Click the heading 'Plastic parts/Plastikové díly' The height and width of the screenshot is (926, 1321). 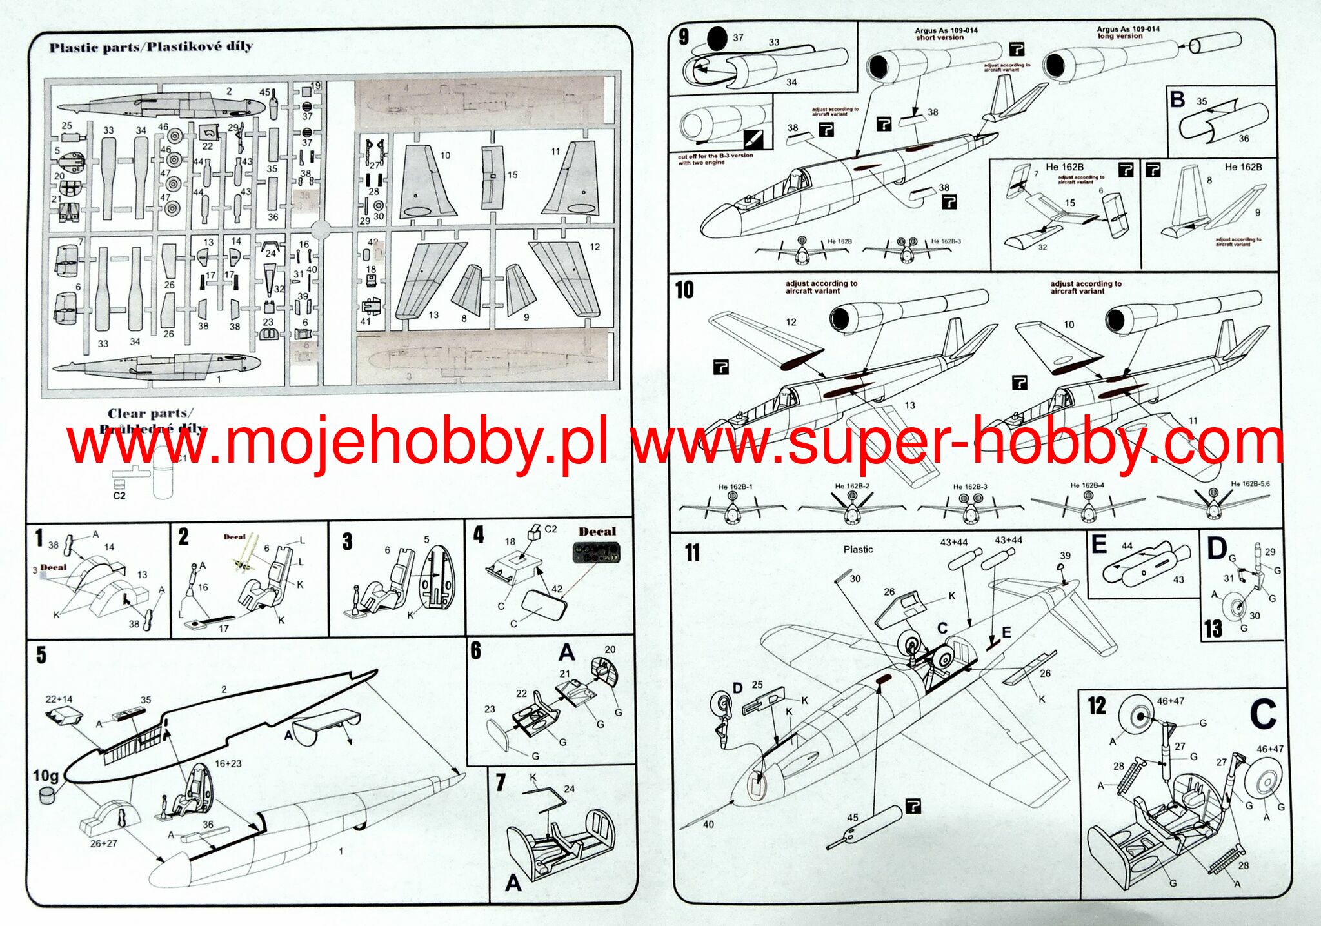(x=151, y=46)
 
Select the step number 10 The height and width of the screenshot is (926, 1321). (x=684, y=290)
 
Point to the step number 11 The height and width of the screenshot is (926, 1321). (x=691, y=552)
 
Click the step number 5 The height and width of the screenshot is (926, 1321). (x=41, y=655)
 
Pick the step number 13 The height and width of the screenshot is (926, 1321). (x=1213, y=629)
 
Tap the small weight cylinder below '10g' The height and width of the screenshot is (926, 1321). (x=46, y=795)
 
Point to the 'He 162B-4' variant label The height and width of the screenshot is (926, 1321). (x=1088, y=485)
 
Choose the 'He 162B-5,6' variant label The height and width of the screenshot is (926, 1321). (x=1250, y=484)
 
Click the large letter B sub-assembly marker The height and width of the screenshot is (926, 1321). (x=1177, y=100)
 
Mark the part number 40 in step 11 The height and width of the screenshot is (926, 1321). (x=708, y=824)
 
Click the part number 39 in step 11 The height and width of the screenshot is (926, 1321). (x=1064, y=556)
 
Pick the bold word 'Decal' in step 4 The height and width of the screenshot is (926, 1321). (x=597, y=532)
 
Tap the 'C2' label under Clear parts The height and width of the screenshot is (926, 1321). (x=119, y=496)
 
